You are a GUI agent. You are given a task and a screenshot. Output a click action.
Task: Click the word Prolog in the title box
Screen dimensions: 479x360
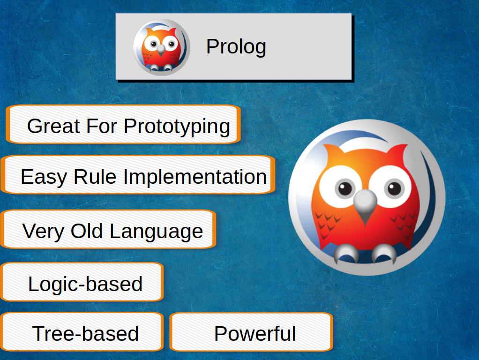(x=236, y=47)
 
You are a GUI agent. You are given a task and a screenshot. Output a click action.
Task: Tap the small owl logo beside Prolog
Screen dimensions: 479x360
(x=162, y=47)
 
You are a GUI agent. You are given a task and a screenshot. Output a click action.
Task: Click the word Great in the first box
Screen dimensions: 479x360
(x=53, y=126)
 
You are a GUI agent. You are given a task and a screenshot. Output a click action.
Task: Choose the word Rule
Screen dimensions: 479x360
(x=95, y=176)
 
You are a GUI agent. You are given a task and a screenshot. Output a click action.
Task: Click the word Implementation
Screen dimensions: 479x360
(x=195, y=177)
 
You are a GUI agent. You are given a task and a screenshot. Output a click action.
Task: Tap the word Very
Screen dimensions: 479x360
(x=43, y=232)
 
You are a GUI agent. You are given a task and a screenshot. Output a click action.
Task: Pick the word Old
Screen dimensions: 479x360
(x=86, y=231)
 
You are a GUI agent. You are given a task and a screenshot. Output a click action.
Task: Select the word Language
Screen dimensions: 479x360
(x=156, y=232)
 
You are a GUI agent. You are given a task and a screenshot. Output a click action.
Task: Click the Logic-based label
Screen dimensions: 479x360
(x=85, y=284)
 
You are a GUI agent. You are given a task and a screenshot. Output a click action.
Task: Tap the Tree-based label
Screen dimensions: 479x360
(x=85, y=333)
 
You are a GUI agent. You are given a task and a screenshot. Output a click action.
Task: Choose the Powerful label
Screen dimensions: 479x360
(x=255, y=333)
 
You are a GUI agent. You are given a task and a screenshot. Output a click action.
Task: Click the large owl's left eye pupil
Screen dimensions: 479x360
(x=345, y=188)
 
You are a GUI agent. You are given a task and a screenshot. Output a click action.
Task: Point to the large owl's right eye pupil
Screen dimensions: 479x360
(x=394, y=188)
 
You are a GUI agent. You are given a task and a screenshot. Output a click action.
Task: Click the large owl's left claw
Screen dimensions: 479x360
(x=346, y=253)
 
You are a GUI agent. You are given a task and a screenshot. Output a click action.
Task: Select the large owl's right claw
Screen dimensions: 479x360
(x=384, y=253)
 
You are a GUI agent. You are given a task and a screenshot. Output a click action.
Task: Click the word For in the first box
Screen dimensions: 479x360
(x=102, y=126)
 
